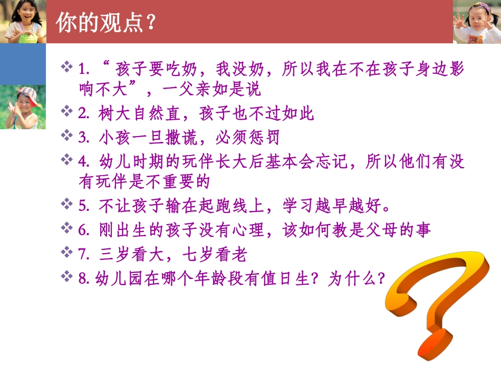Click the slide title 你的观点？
(x=105, y=22)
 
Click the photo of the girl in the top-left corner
(x=23, y=21)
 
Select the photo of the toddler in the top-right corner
(x=477, y=22)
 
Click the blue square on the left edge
(x=22, y=64)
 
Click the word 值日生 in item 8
(x=283, y=278)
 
